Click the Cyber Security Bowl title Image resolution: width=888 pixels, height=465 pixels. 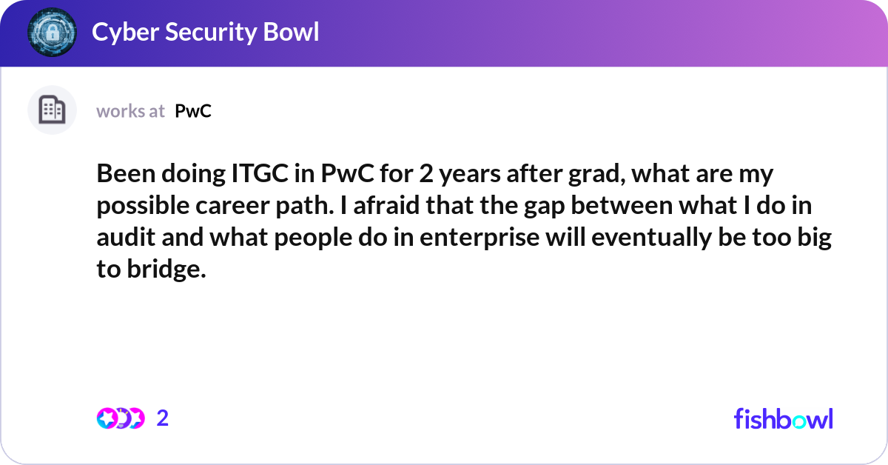coord(205,33)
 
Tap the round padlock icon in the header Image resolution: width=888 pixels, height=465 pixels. coord(52,33)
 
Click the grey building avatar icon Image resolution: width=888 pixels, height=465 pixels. coord(52,110)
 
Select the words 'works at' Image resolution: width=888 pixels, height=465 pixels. coord(130,111)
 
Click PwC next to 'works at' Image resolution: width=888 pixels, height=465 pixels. coord(193,111)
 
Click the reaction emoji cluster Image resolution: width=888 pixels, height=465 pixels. coord(120,418)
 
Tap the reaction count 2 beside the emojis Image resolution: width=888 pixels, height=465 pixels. coord(163,418)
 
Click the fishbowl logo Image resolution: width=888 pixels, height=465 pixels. coord(783,418)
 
